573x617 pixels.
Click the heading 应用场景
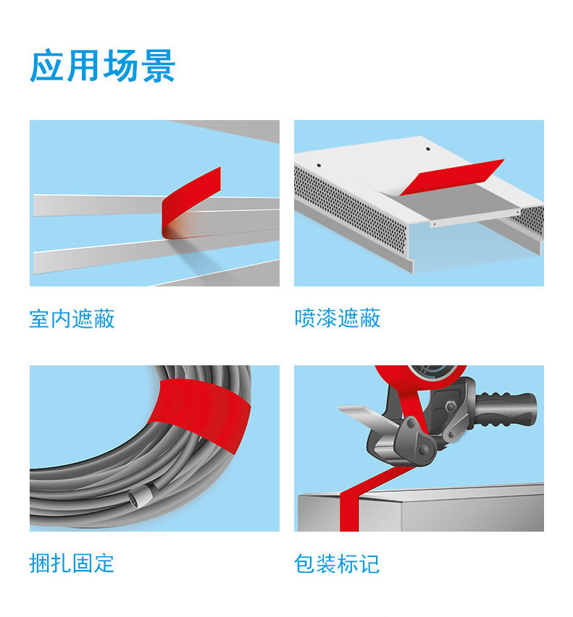pyautogui.click(x=102, y=66)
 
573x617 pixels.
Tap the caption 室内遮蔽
pyautogui.click(x=72, y=318)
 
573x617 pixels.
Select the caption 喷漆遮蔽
pyautogui.click(x=338, y=318)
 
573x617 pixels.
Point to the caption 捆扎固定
pyautogui.click(x=72, y=563)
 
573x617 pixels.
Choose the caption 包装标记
pyautogui.click(x=337, y=563)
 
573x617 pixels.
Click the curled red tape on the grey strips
pyautogui.click(x=185, y=205)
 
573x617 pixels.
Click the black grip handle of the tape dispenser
pyautogui.click(x=506, y=409)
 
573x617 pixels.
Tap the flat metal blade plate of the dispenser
pyautogui.click(x=369, y=417)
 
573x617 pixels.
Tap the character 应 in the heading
pyautogui.click(x=46, y=66)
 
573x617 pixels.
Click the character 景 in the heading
pyautogui.click(x=159, y=66)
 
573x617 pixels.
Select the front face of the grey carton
pyautogui.click(x=473, y=511)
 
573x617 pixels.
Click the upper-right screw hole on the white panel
pyautogui.click(x=428, y=149)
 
